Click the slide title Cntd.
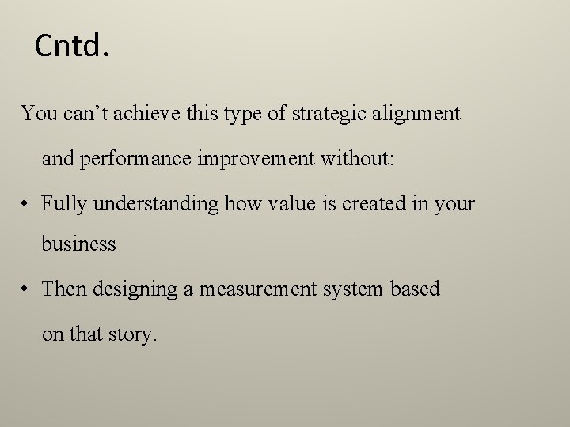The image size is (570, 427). tap(70, 47)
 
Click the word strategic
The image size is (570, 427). tap(325, 114)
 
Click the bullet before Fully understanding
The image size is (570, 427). tap(26, 204)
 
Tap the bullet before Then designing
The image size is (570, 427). tap(26, 289)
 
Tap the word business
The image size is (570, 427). tap(79, 244)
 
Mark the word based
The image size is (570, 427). tap(416, 289)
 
